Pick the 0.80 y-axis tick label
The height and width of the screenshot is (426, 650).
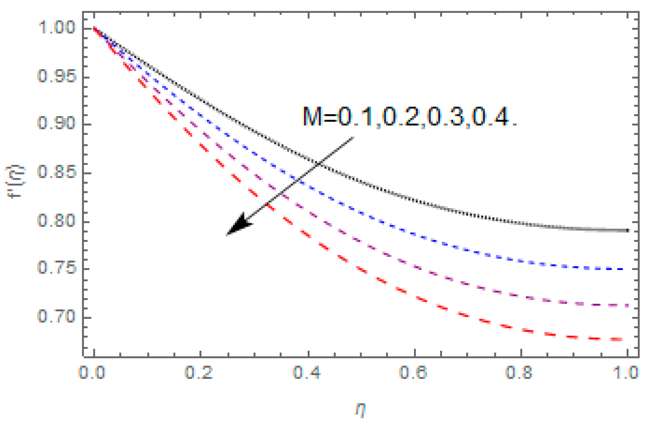click(x=56, y=220)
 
